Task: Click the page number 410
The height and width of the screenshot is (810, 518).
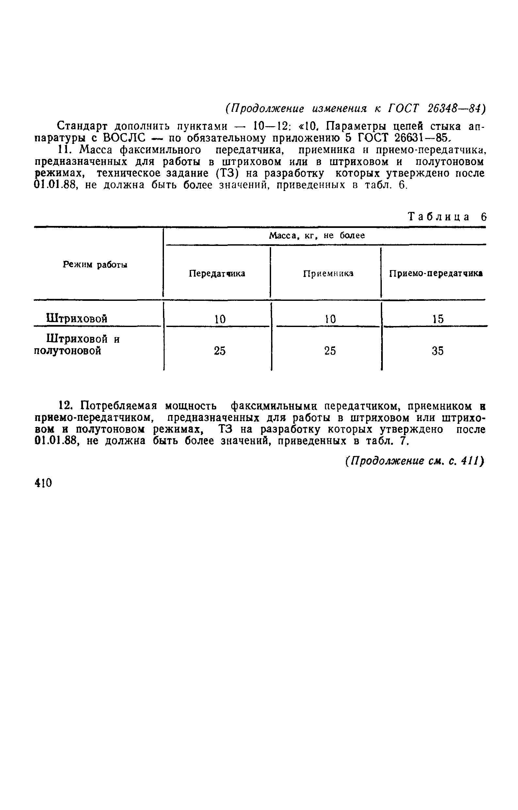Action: (x=43, y=483)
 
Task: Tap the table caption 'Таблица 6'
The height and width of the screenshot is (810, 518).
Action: (x=447, y=216)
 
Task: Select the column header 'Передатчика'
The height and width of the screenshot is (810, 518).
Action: (x=217, y=273)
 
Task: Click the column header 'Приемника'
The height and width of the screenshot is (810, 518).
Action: (x=328, y=274)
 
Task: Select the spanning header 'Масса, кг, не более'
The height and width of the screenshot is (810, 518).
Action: (x=317, y=236)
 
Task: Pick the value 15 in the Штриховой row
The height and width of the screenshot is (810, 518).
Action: (x=438, y=319)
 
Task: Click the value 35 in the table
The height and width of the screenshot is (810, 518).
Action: (x=438, y=351)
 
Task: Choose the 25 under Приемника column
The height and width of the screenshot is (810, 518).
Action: (x=330, y=351)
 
